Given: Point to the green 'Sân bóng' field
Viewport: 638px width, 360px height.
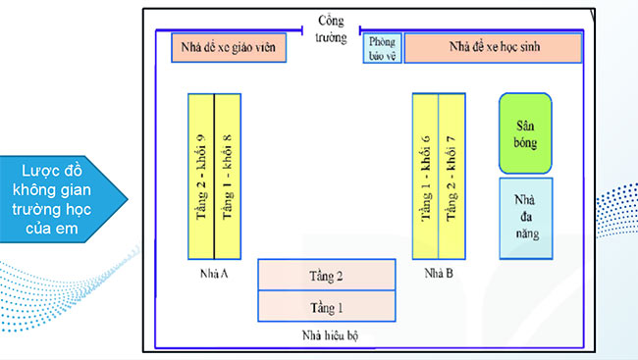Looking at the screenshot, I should point(525,133).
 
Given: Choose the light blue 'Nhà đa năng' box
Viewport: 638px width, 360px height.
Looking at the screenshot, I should point(525,218).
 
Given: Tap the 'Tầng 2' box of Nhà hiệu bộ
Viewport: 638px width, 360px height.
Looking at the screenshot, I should point(326,276).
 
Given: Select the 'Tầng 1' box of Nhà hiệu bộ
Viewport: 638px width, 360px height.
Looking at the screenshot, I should point(326,307).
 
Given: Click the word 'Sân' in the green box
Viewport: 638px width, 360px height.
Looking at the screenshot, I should point(525,126).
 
